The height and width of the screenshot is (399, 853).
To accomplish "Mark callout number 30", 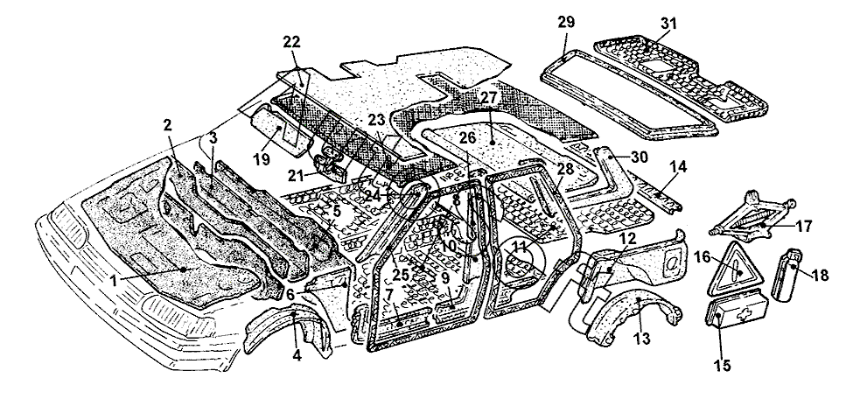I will click(x=640, y=157).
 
